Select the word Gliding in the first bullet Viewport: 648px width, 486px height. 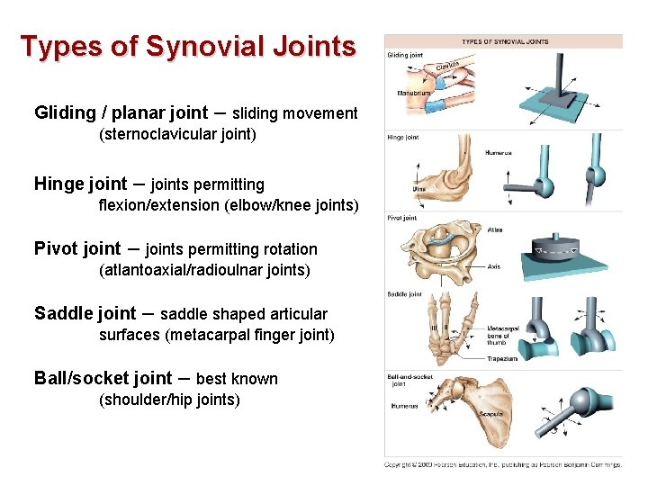tap(65, 113)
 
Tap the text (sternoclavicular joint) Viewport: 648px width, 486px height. tap(177, 136)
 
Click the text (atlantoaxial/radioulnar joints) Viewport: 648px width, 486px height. tap(204, 270)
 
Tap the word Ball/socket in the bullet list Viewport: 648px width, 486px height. tap(78, 379)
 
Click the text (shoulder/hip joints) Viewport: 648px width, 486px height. tap(169, 400)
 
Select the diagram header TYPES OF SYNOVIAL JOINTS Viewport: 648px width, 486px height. tap(505, 41)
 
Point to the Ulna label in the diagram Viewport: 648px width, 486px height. tap(418, 189)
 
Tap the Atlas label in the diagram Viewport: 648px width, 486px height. tap(494, 230)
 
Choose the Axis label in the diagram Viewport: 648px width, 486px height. tap(493, 266)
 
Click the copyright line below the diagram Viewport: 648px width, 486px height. tap(503, 464)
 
